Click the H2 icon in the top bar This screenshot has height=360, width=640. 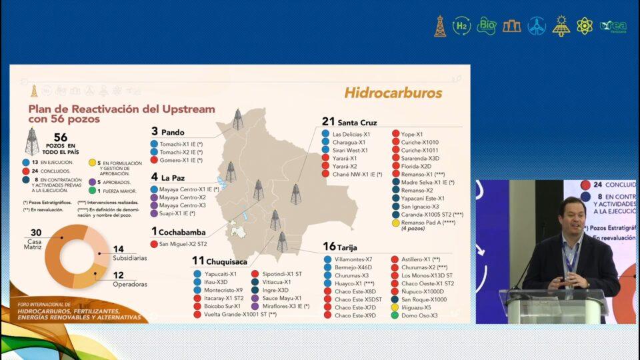coord(461,26)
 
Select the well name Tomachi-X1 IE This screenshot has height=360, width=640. coord(177,144)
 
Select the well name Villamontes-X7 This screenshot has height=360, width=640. coord(353,259)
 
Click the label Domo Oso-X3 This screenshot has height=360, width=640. coord(420,315)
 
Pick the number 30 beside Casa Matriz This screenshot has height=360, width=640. coord(36,232)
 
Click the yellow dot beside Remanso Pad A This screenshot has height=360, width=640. coord(395,222)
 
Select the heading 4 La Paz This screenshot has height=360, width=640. coord(167,177)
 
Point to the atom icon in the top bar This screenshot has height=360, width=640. coord(585,26)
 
